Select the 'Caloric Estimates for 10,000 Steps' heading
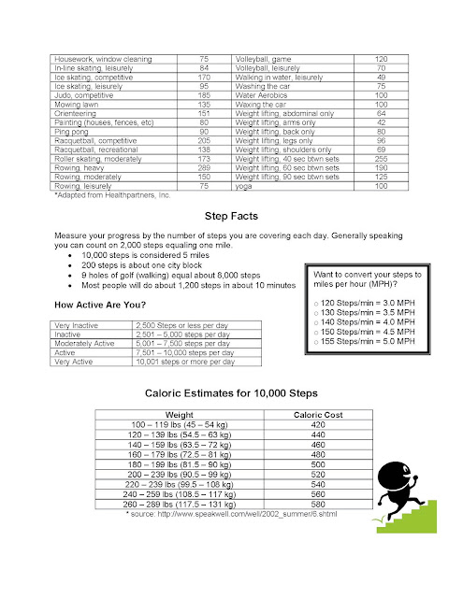pos(230,394)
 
